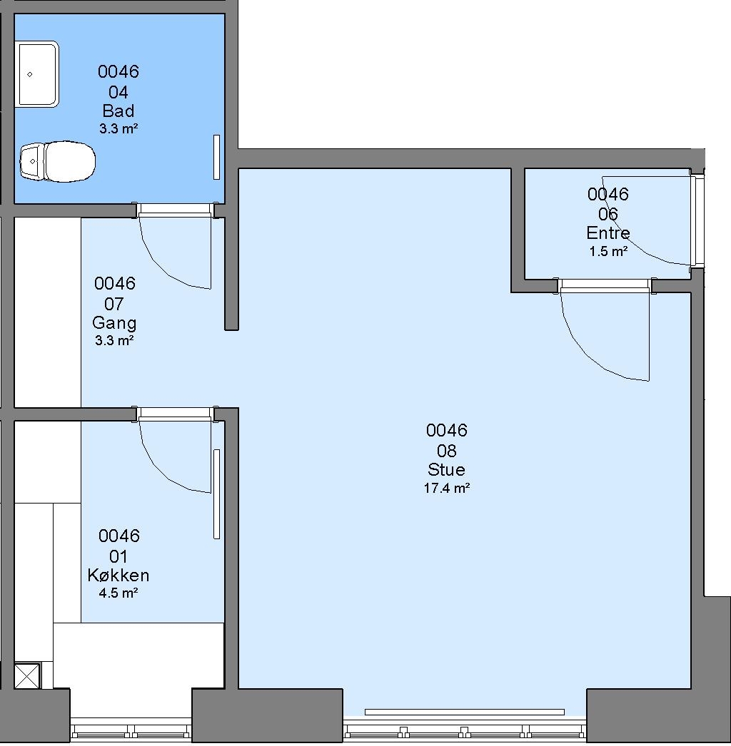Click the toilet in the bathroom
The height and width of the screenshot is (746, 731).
57,161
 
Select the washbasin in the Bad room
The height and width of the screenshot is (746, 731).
38,73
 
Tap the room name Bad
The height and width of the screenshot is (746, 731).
119,111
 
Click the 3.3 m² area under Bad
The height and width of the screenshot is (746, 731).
119,128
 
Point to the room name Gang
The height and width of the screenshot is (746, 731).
114,322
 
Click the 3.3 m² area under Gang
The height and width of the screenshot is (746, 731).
114,340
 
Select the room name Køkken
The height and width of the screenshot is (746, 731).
119,576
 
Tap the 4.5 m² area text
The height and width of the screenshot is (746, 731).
119,593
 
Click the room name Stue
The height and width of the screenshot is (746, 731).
446,469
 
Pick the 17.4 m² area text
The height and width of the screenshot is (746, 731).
447,488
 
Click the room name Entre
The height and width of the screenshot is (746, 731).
608,233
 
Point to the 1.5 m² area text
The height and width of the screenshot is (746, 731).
608,251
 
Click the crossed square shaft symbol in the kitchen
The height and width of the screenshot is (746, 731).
27,676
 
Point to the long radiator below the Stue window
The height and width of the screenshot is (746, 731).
464,712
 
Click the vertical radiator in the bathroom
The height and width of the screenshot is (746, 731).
217,157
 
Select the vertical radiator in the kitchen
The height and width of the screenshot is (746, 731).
217,494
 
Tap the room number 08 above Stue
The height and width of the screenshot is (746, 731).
447,450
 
